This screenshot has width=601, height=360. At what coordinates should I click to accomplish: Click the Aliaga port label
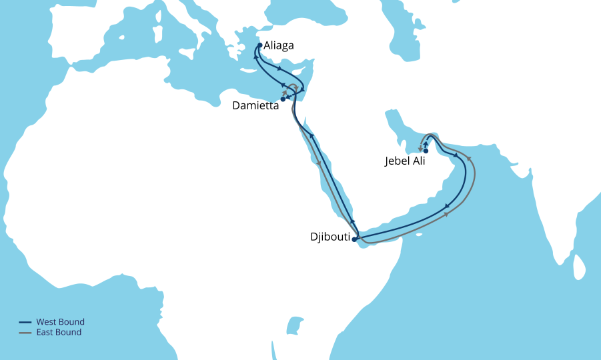click(x=278, y=46)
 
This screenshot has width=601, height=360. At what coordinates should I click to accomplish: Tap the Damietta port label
click(x=255, y=106)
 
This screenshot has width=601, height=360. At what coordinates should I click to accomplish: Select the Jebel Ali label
click(x=405, y=161)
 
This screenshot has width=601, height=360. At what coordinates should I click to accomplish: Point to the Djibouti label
click(x=330, y=236)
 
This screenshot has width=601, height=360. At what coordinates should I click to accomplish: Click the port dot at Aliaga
click(x=259, y=45)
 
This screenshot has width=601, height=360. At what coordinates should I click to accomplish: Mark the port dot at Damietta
click(x=283, y=99)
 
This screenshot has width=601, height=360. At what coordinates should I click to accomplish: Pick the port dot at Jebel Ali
click(x=426, y=151)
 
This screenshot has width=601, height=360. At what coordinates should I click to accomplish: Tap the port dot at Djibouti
click(x=354, y=239)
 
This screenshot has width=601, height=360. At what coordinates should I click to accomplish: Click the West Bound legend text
click(x=60, y=322)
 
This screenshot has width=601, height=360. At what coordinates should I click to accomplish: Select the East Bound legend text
click(x=59, y=332)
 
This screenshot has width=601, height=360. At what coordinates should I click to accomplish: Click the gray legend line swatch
click(x=25, y=333)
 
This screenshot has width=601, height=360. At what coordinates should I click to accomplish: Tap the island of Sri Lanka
click(x=578, y=267)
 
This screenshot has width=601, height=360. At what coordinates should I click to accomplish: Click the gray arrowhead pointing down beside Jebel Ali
click(x=420, y=149)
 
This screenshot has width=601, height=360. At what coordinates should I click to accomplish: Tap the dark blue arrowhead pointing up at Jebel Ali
click(x=426, y=143)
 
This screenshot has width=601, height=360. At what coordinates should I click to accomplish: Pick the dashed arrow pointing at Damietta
click(x=286, y=93)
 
